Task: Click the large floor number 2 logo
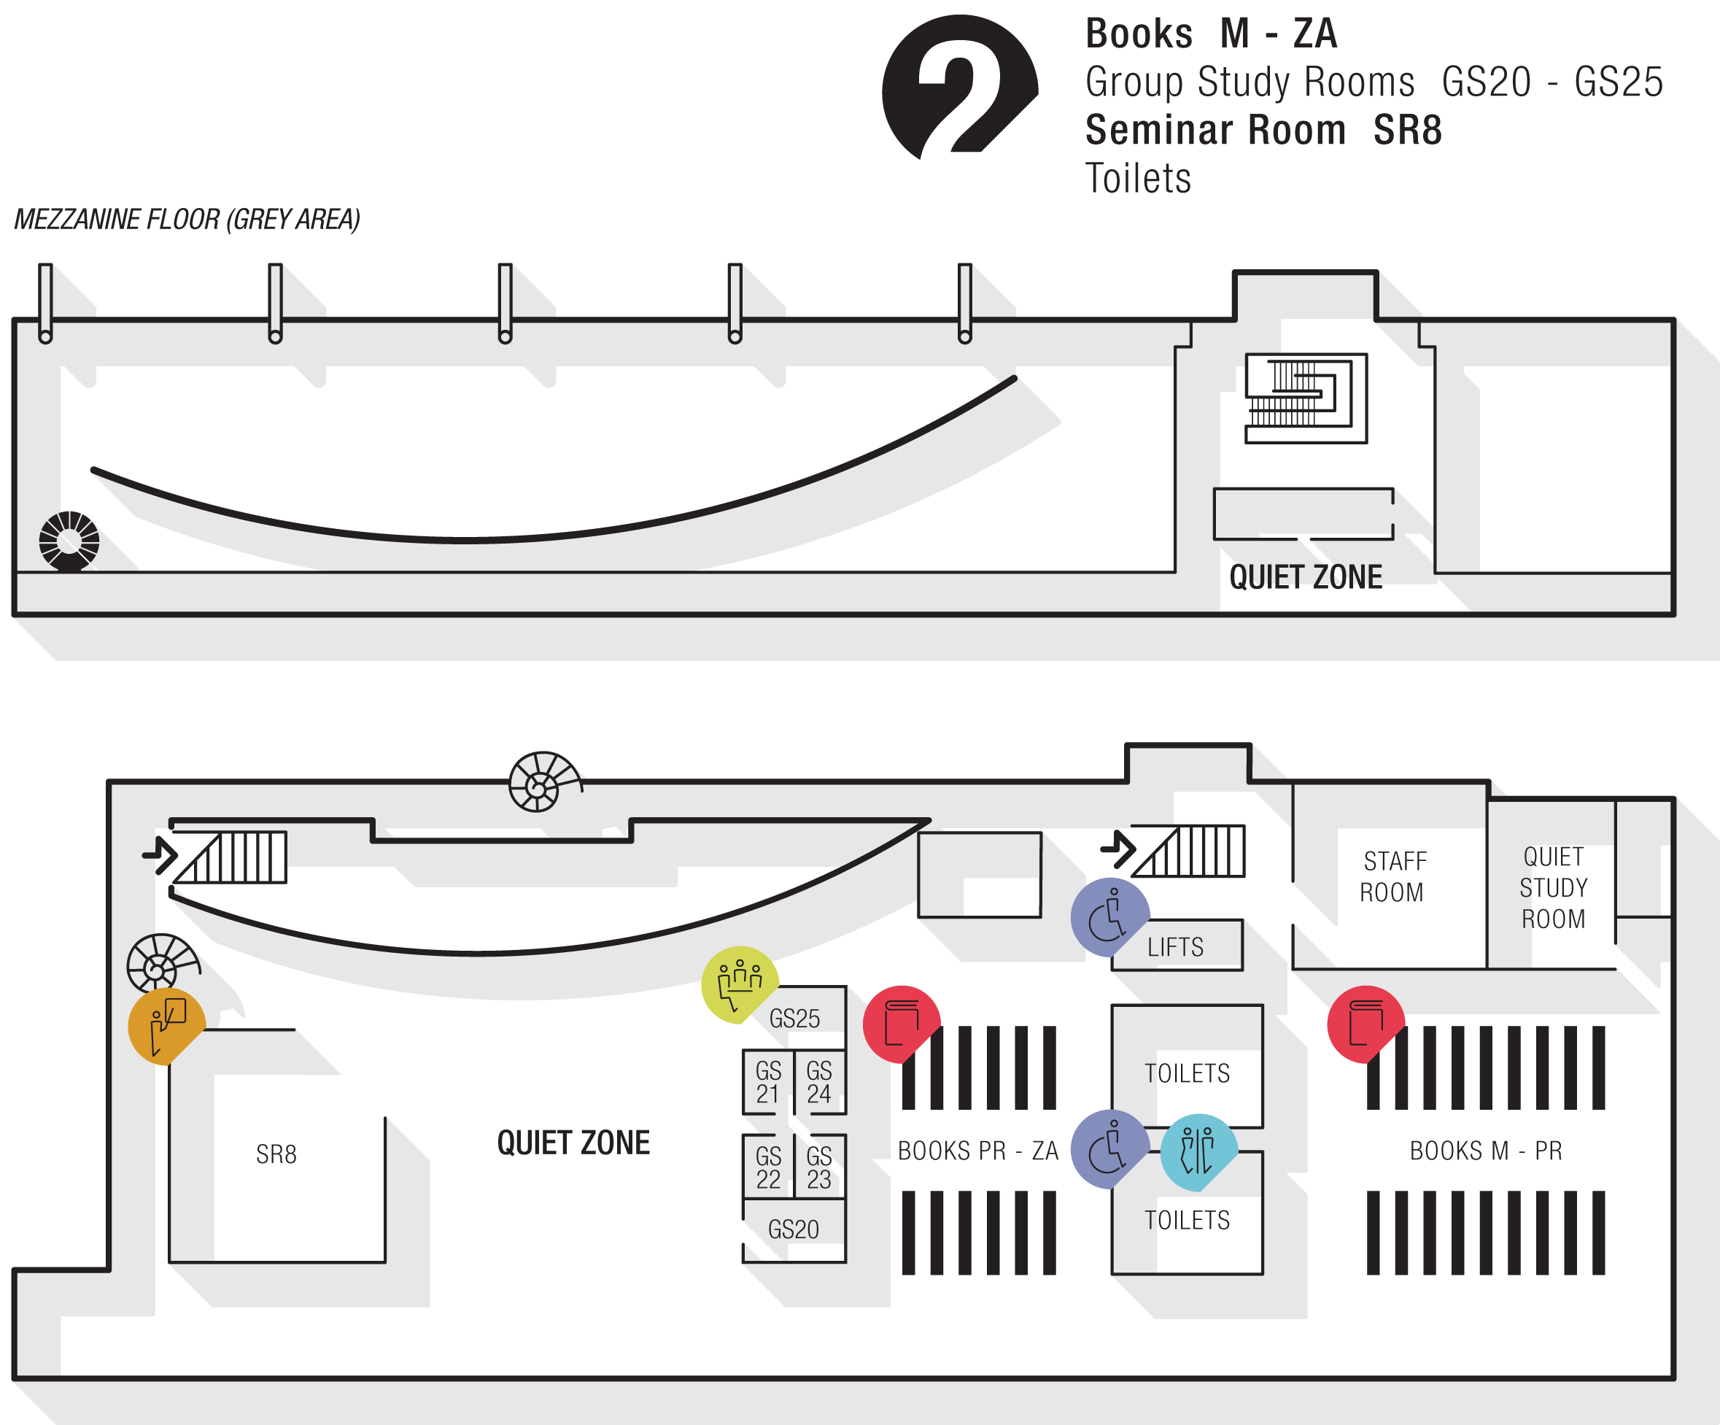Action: [x=959, y=87]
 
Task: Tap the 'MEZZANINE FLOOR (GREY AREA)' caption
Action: [x=187, y=220]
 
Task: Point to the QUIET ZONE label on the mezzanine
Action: [x=1306, y=577]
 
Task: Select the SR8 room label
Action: [x=276, y=1154]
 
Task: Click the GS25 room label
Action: [x=794, y=1019]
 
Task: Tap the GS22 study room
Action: [x=768, y=1167]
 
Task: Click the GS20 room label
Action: [x=794, y=1229]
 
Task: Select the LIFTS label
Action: [x=1175, y=947]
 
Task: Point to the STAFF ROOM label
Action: [x=1393, y=877]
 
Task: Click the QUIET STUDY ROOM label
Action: [x=1553, y=888]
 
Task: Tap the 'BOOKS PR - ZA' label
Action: [x=978, y=1151]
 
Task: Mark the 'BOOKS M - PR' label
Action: [x=1486, y=1151]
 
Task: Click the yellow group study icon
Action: [x=739, y=983]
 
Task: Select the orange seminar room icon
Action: [x=166, y=1024]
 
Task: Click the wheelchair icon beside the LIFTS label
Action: [x=1109, y=916]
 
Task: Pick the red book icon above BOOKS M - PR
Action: [x=1365, y=1023]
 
